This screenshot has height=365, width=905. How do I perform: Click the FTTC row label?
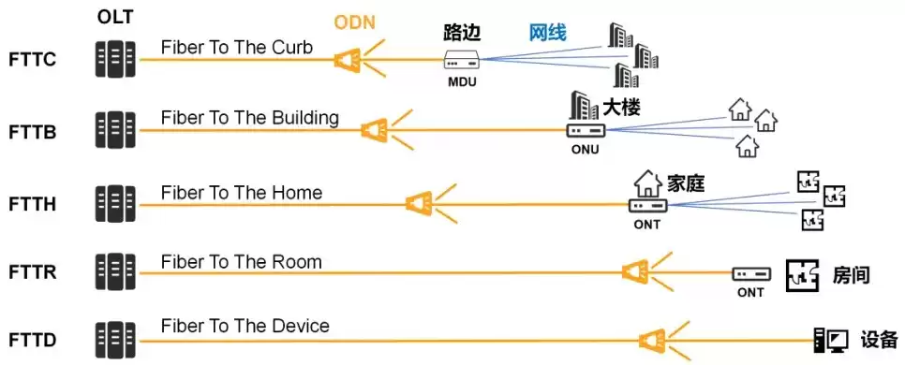(x=33, y=61)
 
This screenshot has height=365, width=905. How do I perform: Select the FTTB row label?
(x=33, y=132)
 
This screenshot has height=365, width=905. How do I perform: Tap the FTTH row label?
(x=33, y=203)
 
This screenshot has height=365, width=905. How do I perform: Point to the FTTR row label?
(x=33, y=273)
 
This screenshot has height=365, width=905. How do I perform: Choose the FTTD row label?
(x=33, y=339)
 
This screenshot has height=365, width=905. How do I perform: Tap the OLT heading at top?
(x=116, y=18)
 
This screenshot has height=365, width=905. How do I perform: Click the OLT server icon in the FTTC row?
(x=115, y=58)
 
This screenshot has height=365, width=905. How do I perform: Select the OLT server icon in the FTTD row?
(x=115, y=339)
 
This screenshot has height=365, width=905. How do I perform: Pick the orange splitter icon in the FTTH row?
(x=420, y=203)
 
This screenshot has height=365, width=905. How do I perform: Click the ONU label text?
(x=584, y=149)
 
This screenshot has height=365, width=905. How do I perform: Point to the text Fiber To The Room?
(x=241, y=262)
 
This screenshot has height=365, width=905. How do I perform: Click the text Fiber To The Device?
(x=245, y=327)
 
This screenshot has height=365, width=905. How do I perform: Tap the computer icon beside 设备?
(x=832, y=339)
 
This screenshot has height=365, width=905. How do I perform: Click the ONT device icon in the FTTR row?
(x=750, y=273)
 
